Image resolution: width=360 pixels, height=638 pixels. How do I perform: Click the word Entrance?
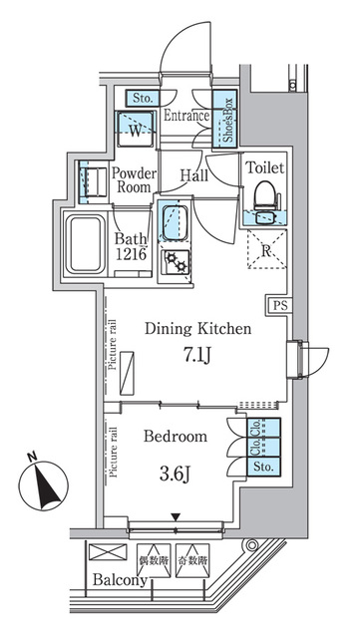[x=185, y=117]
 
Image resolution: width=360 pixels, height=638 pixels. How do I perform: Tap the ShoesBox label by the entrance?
[x=227, y=120]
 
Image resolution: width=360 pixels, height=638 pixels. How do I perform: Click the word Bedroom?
[x=176, y=437]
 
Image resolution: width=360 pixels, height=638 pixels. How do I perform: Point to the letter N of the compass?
[x=32, y=459]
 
